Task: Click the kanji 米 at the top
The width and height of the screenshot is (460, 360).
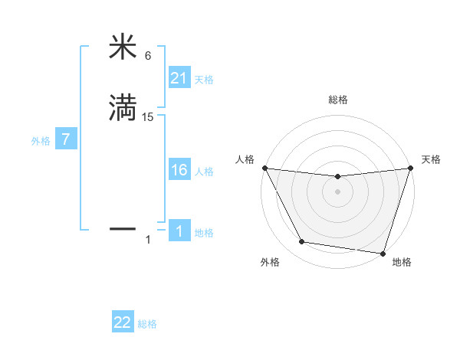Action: pyautogui.click(x=123, y=47)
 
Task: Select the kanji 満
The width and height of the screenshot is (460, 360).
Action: pyautogui.click(x=123, y=108)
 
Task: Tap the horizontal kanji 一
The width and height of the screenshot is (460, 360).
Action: pyautogui.click(x=123, y=228)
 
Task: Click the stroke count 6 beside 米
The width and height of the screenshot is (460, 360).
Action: pyautogui.click(x=148, y=56)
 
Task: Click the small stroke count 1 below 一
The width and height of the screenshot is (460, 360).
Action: pyautogui.click(x=148, y=241)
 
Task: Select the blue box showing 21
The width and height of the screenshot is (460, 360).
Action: pyautogui.click(x=179, y=79)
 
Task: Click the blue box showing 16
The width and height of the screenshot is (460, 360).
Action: pyautogui.click(x=179, y=171)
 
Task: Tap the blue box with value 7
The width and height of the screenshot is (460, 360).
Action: pyautogui.click(x=66, y=140)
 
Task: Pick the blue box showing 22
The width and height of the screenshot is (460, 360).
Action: pyautogui.click(x=123, y=323)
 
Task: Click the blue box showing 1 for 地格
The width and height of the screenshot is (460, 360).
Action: pyautogui.click(x=179, y=231)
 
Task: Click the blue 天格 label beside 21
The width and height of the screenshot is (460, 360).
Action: pyautogui.click(x=204, y=80)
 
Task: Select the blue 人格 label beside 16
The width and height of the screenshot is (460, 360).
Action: pyautogui.click(x=204, y=172)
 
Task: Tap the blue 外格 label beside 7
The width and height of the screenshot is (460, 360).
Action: pyautogui.click(x=40, y=141)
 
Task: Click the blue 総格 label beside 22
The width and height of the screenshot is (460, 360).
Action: pyautogui.click(x=147, y=324)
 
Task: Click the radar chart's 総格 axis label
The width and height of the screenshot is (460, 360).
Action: pyautogui.click(x=337, y=100)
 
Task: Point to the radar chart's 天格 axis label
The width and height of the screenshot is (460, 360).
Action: pyautogui.click(x=431, y=159)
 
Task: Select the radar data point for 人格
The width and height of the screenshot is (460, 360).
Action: pyautogui.click(x=264, y=168)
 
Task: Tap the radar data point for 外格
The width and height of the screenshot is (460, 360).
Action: pyautogui.click(x=302, y=243)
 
